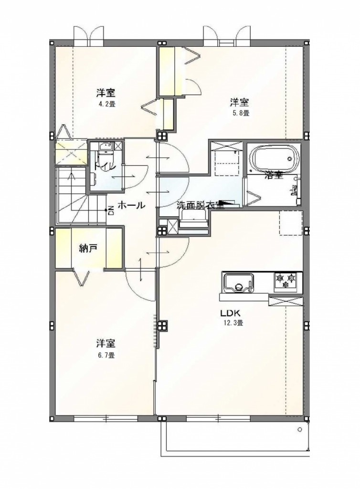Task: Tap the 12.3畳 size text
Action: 232,323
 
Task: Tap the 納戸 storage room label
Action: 88,248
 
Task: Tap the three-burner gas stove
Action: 285,280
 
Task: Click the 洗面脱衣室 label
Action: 201,205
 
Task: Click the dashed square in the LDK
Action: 291,223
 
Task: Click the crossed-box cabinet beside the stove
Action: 286,301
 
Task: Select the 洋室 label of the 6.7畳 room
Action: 106,344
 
